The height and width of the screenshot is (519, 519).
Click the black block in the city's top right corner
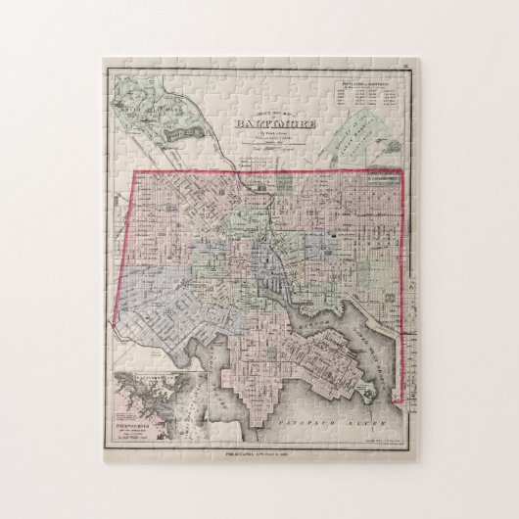383,177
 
